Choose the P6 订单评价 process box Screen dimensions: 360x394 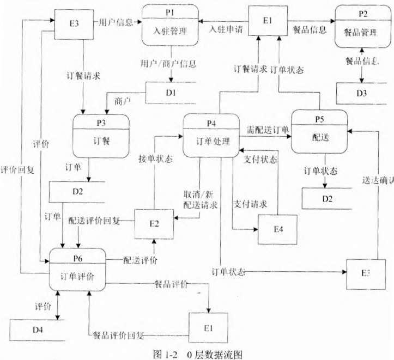(x=77, y=270)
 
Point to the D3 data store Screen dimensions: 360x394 (x=362, y=93)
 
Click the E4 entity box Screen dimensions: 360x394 (x=278, y=230)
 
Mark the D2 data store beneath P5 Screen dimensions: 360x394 (x=326, y=198)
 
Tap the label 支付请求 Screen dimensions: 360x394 (x=251, y=204)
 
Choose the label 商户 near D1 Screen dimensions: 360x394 (x=122, y=101)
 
